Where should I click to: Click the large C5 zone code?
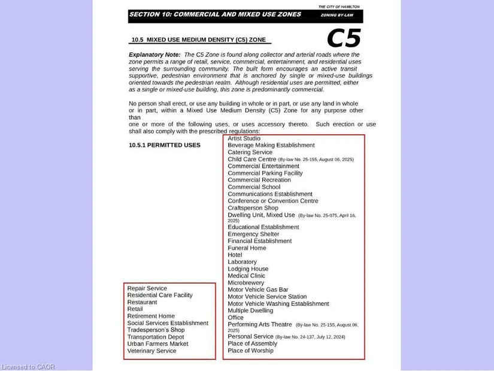coord(344,39)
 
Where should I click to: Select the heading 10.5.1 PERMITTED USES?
coord(165,145)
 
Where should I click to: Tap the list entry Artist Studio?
coord(244,138)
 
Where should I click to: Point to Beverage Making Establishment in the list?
coord(271,145)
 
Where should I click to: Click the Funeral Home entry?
coord(247,248)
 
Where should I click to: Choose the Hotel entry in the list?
coord(235,255)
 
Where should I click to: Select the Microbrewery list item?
coord(246,282)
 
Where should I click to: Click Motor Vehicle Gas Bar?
coord(257,289)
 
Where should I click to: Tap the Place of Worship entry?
coord(250,351)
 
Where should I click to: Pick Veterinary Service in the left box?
coord(151,351)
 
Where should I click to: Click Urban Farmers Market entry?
coord(157,344)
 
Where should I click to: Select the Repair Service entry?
coord(147,288)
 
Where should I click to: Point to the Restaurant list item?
coord(142,302)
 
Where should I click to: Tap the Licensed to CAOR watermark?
coord(28,367)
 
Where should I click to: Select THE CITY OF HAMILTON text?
coord(339,7)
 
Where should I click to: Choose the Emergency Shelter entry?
coord(253,234)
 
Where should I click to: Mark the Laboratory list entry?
coord(242,262)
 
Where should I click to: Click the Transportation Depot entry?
coord(155,337)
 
